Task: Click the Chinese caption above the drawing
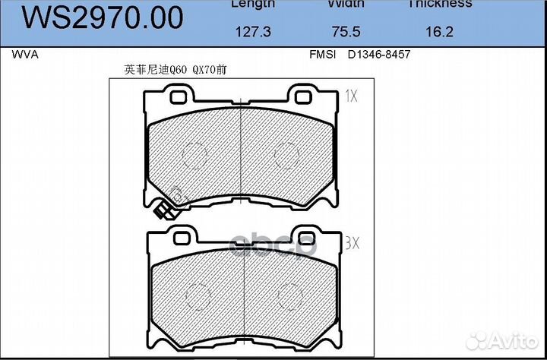pos(175,69)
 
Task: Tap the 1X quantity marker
pos(350,96)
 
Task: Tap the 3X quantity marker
pos(352,243)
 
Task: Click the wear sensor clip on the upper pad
pos(163,212)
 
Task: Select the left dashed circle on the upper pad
pos(195,156)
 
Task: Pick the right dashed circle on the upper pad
pos(286,156)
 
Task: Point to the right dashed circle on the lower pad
pos(289,295)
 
